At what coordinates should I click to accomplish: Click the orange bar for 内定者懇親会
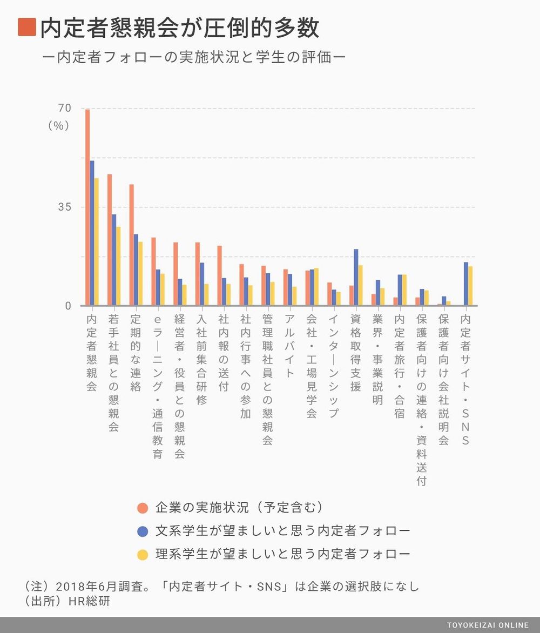(87, 207)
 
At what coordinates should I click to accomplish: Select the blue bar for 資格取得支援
(356, 277)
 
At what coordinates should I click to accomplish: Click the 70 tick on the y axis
(64, 108)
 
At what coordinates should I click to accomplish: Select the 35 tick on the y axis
(64, 207)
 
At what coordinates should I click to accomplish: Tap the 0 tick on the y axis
(68, 306)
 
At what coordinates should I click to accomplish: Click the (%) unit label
(59, 125)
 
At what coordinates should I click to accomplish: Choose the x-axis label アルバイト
(289, 346)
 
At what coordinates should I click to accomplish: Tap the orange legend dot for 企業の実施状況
(143, 508)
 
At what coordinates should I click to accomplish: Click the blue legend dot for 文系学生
(143, 531)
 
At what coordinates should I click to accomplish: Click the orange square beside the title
(27, 27)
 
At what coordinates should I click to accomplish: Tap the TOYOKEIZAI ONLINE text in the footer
(488, 625)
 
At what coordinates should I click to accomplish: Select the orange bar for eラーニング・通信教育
(153, 271)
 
